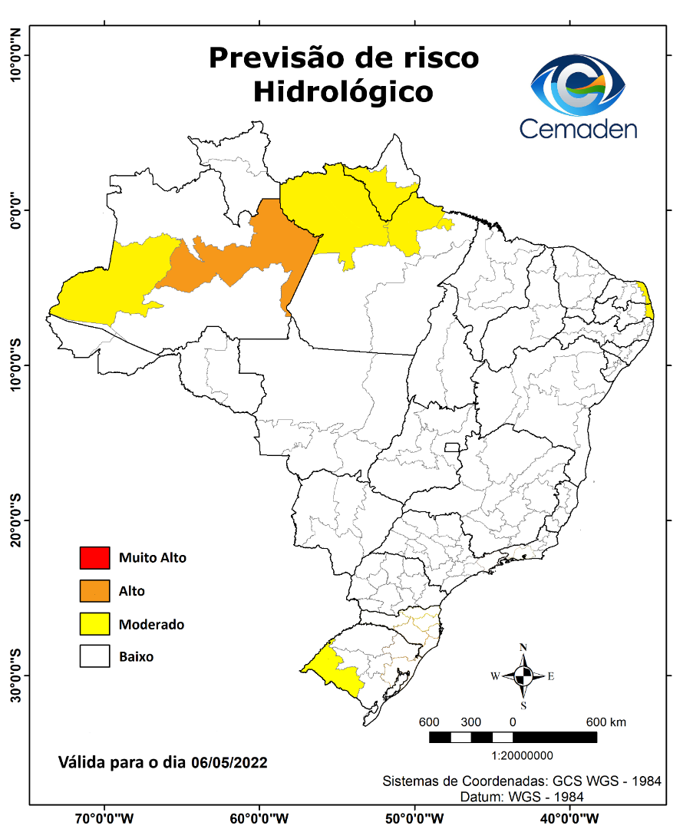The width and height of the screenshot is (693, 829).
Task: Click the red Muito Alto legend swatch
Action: pos(94,557)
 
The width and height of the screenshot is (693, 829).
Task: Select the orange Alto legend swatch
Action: pos(94,591)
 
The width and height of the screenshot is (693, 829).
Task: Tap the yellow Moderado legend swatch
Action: pos(94,624)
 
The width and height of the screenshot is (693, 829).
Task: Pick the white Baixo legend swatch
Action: pos(94,657)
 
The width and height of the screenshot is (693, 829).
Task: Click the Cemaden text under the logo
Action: pos(578,128)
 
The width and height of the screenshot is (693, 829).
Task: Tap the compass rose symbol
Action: pos(523,675)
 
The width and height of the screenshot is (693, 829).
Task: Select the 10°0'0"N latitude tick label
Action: pos(14,55)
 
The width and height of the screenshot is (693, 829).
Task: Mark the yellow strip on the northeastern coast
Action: pos(647,299)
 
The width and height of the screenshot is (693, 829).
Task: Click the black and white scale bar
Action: pos(512,737)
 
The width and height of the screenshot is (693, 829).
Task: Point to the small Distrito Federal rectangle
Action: pos(452,447)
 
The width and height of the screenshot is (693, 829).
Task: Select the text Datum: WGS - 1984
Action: pos(522,797)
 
